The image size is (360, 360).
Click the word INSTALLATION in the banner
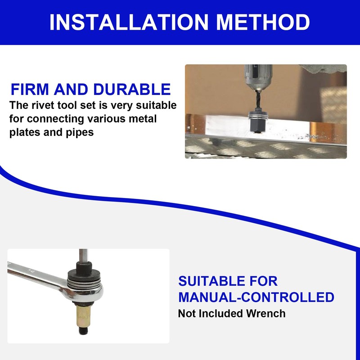pyautogui.click(x=129, y=22)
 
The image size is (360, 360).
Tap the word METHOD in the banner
pyautogui.click(x=263, y=22)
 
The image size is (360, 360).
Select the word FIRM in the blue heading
pyautogui.click(x=30, y=89)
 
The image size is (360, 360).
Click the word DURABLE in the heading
pyautogui.click(x=132, y=89)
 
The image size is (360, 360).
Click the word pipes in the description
pyautogui.click(x=80, y=133)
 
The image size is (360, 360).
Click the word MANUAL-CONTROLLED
pyautogui.click(x=256, y=297)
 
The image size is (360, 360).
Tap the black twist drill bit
pyautogui.click(x=258, y=101)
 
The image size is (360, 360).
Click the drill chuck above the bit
pyautogui.click(x=258, y=77)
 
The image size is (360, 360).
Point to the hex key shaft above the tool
pyautogui.click(x=83, y=256)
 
